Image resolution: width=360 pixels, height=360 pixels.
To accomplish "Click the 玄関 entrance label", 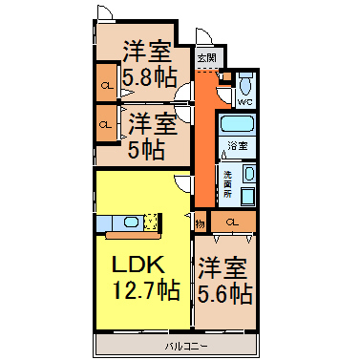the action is (207, 58).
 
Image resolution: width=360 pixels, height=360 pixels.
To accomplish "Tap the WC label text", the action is (245, 102).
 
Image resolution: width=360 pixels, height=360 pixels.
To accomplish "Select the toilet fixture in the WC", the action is (245, 83).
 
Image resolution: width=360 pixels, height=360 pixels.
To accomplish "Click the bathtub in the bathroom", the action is (238, 123).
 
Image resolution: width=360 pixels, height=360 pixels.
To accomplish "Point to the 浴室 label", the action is (238, 146).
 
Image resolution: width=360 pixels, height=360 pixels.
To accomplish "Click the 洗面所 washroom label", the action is (227, 183).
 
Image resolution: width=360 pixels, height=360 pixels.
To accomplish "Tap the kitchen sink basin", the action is (131, 222).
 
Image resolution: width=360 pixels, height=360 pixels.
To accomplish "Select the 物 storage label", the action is (200, 223).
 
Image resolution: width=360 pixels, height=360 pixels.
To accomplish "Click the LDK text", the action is (138, 265).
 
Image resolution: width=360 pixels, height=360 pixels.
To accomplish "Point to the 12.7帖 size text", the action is (146, 289).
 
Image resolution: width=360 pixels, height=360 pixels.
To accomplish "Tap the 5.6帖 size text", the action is (225, 293).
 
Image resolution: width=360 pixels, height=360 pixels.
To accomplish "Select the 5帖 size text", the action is (146, 149).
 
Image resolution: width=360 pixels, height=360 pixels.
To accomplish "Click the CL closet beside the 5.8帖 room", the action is (107, 84).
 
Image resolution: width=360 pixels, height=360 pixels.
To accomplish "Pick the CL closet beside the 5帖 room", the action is (106, 124).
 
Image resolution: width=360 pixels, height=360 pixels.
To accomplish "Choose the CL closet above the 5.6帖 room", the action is (233, 222).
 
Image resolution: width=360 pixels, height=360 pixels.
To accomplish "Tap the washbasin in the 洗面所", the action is (248, 174).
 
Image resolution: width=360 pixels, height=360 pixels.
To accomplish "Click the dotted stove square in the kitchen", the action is (150, 222).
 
